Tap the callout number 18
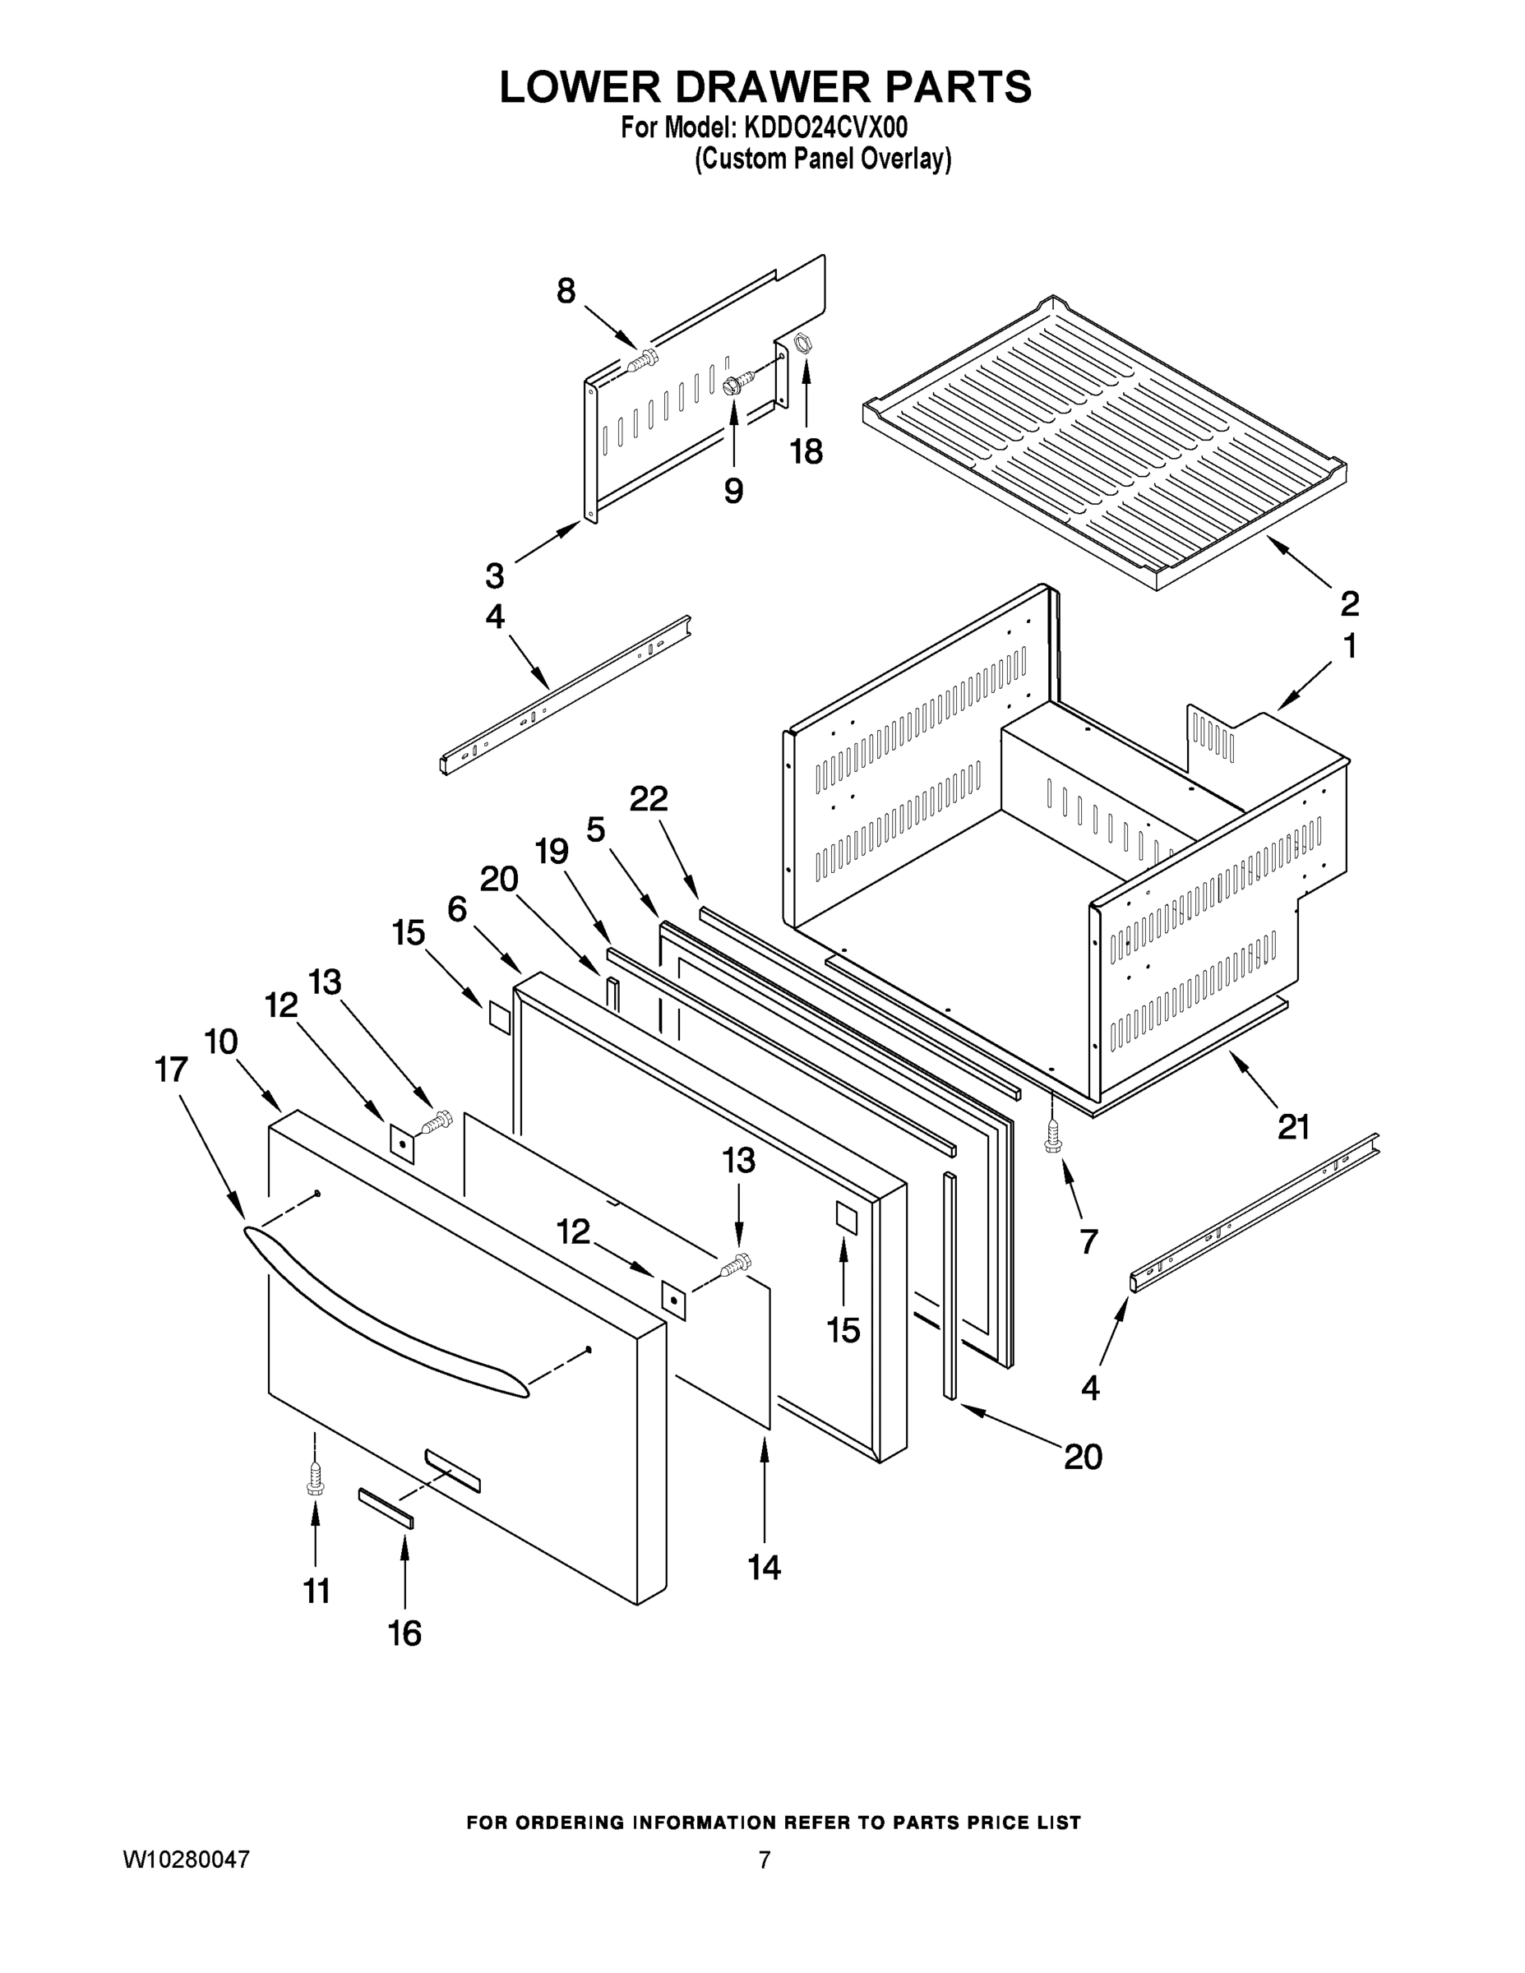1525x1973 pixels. tap(806, 451)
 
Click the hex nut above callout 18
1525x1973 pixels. tap(801, 344)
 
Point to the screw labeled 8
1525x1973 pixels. tap(642, 363)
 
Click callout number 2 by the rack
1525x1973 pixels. tap(1349, 602)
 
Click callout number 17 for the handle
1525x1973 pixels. tap(171, 1070)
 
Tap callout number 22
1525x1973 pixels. tap(649, 798)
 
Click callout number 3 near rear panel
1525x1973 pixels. tap(494, 575)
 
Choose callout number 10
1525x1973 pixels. tap(220, 1042)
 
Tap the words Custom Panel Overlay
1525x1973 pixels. tap(822, 160)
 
